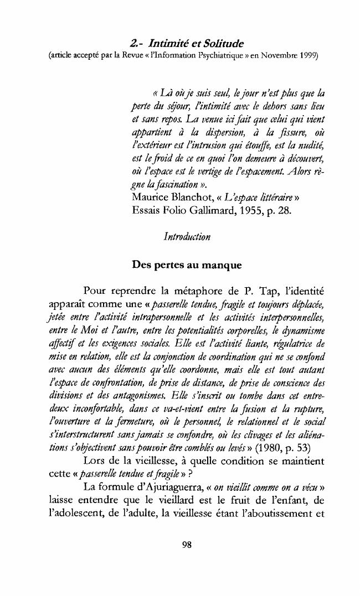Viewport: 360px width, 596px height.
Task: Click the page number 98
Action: tap(187, 545)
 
